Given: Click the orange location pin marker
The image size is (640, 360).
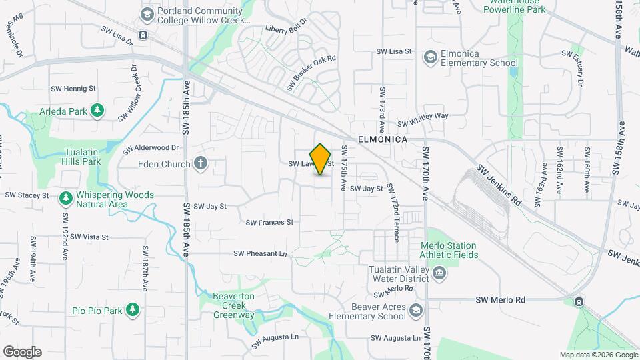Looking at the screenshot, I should [321, 159].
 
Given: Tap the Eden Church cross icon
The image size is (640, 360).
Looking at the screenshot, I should [201, 163].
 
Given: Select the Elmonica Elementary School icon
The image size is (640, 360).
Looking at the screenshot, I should [431, 58].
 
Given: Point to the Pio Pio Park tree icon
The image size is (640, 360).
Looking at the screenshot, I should [133, 310].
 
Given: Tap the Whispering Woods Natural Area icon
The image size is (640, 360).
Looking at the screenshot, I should [65, 199].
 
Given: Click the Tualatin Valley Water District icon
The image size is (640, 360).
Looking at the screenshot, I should [440, 271].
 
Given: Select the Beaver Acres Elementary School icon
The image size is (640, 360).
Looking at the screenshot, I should [416, 311].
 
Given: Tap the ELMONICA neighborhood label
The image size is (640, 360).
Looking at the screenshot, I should [382, 140].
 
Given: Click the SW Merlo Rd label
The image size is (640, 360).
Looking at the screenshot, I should [501, 300].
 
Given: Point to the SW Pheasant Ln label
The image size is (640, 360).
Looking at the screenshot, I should [259, 253].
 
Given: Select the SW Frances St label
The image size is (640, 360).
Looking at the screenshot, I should [269, 222].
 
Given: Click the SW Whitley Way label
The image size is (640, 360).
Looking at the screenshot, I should [423, 120].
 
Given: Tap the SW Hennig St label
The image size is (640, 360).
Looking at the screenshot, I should [73, 88].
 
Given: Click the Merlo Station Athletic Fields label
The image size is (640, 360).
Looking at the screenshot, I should [449, 250].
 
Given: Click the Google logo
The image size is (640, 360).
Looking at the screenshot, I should [22, 352].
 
